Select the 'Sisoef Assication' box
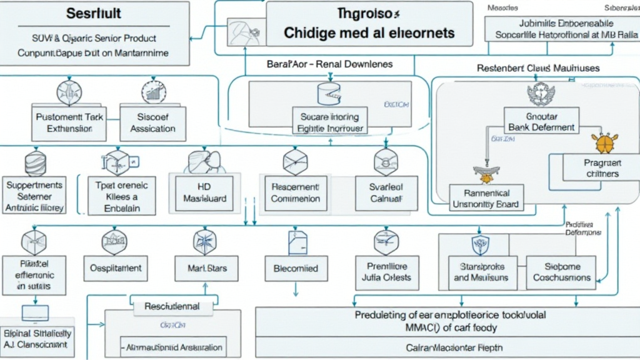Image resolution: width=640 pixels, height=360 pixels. point(152,122)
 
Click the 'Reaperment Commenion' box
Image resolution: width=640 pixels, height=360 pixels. point(296,192)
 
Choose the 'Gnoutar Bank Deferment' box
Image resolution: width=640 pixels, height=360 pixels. point(541,122)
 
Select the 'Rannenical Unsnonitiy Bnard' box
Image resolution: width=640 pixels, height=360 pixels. point(488,199)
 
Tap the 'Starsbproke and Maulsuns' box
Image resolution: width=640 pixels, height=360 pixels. point(481,272)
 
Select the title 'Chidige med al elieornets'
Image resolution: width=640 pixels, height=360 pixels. point(369,32)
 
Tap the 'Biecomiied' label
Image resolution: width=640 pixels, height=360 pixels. point(296,269)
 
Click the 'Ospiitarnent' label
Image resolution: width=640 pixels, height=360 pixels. point(116,268)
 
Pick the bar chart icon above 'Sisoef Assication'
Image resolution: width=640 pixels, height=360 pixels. point(152,92)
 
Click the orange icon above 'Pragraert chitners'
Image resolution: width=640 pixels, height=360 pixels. point(604,143)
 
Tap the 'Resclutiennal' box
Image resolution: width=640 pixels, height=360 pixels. point(172,307)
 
